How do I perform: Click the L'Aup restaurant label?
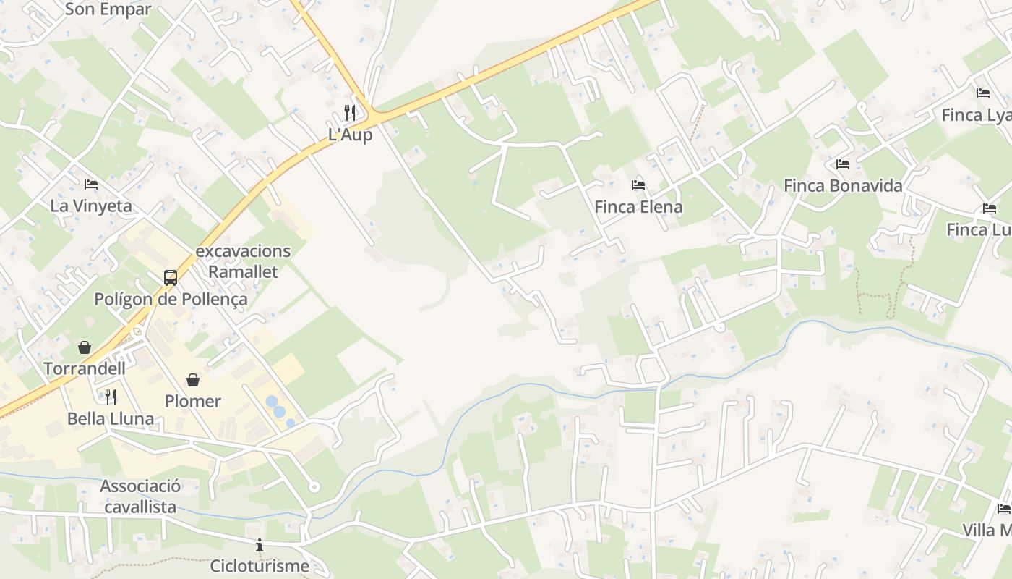[x=350, y=135]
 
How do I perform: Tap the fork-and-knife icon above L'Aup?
[x=350, y=112]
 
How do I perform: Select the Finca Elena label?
[x=638, y=207]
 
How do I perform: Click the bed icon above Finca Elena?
[x=638, y=185]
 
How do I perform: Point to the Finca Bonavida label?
[x=843, y=186]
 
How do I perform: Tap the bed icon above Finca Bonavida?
[x=843, y=164]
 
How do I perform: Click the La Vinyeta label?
[x=91, y=206]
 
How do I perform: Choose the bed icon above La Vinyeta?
[x=91, y=185]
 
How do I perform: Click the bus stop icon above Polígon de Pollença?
[x=171, y=277]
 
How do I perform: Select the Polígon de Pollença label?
[x=171, y=299]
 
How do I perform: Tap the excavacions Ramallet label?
[x=243, y=261]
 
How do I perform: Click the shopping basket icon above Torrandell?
[x=85, y=347]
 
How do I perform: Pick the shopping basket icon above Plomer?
[x=193, y=380]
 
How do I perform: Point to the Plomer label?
[x=193, y=401]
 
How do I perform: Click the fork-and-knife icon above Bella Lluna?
[x=111, y=397]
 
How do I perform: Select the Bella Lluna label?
[x=111, y=418]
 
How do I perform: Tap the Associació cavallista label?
[x=140, y=496]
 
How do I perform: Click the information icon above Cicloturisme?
[x=260, y=545]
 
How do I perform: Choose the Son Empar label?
[x=108, y=9]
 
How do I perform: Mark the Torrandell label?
[x=85, y=368]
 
